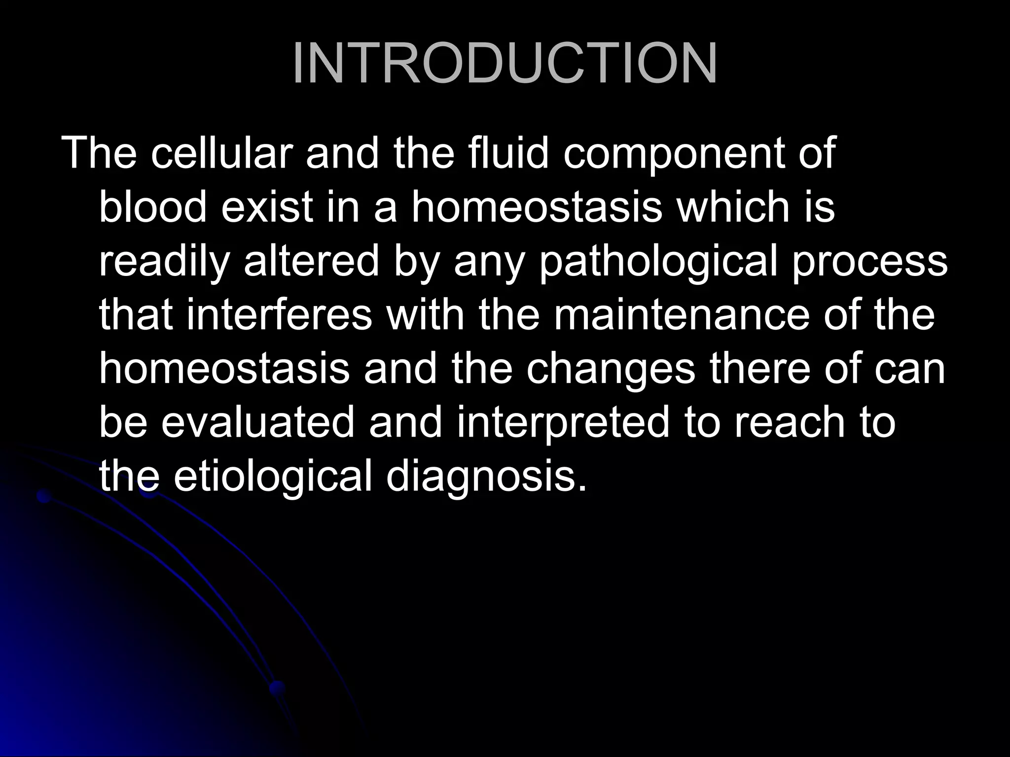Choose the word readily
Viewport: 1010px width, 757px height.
[x=165, y=261]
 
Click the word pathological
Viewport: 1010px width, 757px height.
[x=658, y=261]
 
